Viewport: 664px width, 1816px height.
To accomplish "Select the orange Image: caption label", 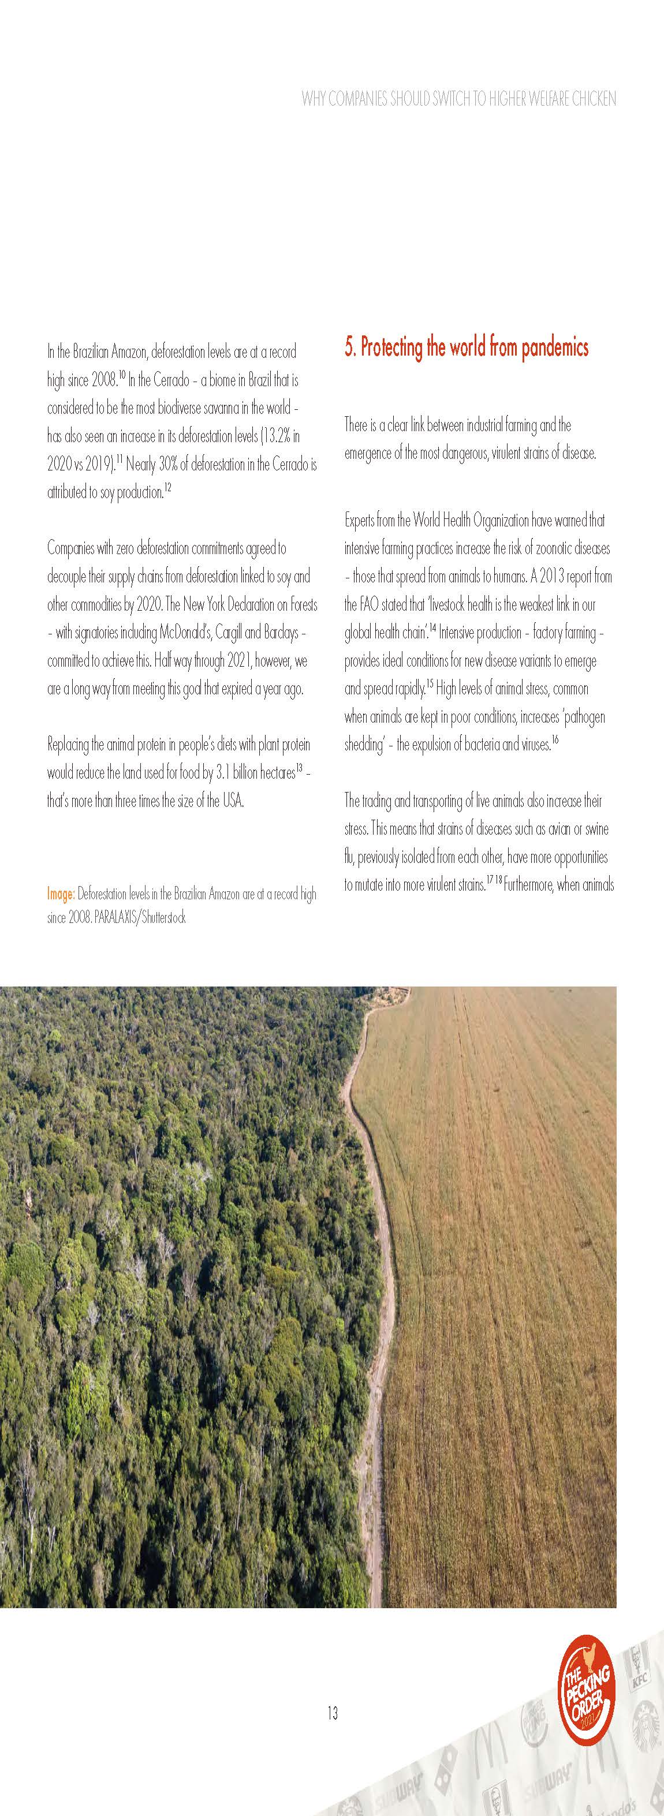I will pos(61,894).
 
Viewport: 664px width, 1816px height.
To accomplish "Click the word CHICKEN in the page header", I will pos(594,99).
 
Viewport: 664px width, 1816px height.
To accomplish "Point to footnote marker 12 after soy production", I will pos(168,488).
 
